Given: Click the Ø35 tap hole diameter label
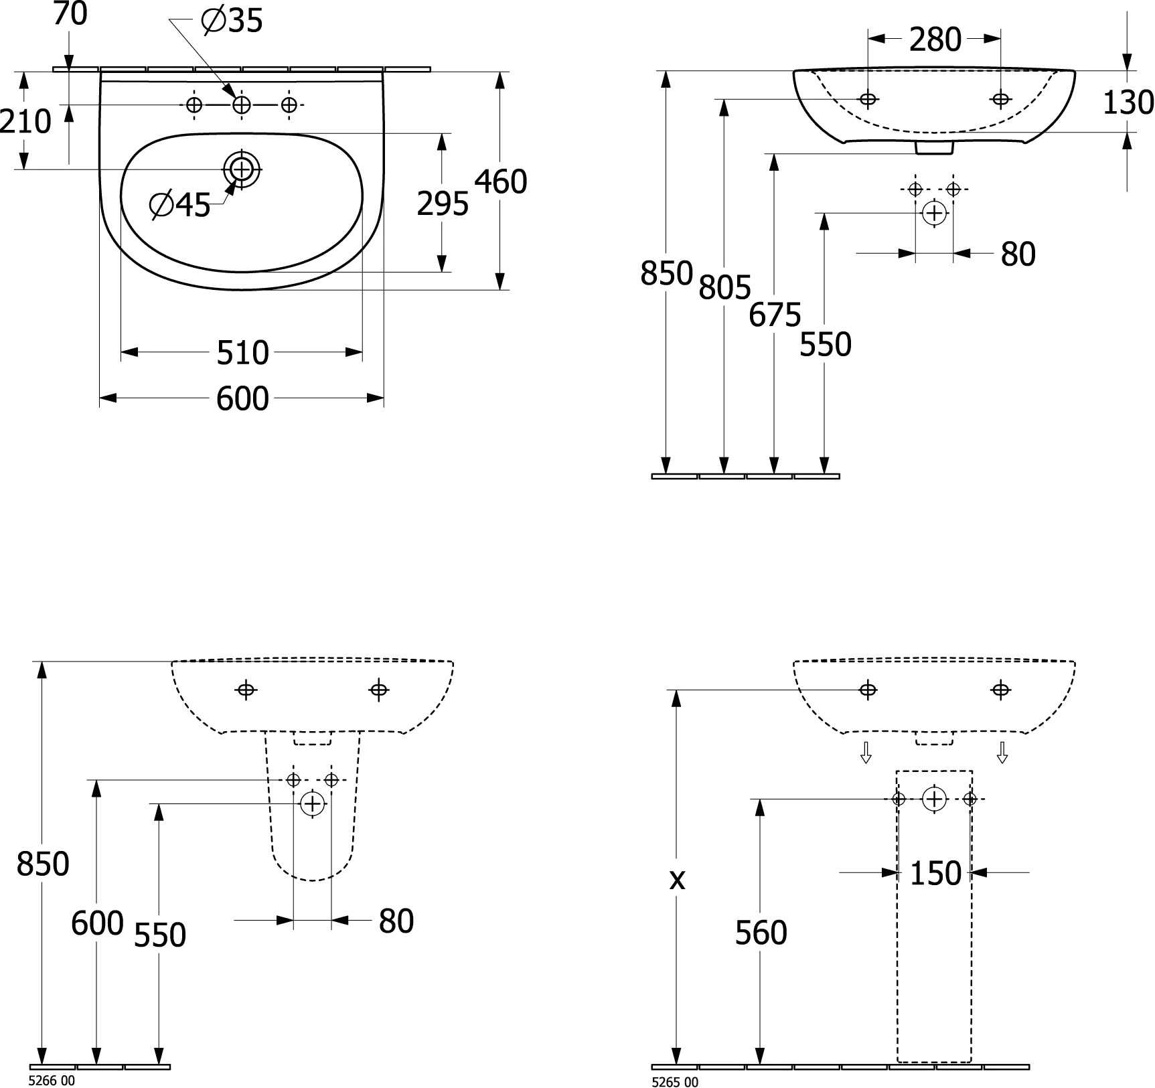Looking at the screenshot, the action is coord(232,21).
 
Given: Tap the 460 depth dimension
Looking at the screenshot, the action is coord(501,181).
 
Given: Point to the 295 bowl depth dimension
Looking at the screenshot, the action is coord(443,204).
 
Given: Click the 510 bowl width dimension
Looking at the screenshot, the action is coord(242,352).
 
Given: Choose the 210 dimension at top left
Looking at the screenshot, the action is coord(25,121).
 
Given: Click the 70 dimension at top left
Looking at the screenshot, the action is coord(70,14).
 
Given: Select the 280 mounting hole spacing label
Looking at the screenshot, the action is coord(935,40).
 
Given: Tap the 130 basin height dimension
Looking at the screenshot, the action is coord(1128,102).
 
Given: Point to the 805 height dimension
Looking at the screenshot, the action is coord(724,287).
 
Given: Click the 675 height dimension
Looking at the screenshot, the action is coord(775,315).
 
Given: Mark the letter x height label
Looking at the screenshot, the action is coord(677,880).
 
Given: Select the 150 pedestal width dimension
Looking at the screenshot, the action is coord(935,873).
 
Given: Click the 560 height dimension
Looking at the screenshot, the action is coord(761,933).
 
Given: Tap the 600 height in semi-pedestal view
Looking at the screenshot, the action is coord(97,923).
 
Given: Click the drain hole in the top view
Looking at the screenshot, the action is coord(241,169).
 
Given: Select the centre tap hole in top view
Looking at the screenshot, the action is coord(241,105).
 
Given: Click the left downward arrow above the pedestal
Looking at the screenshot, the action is coord(866,753).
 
